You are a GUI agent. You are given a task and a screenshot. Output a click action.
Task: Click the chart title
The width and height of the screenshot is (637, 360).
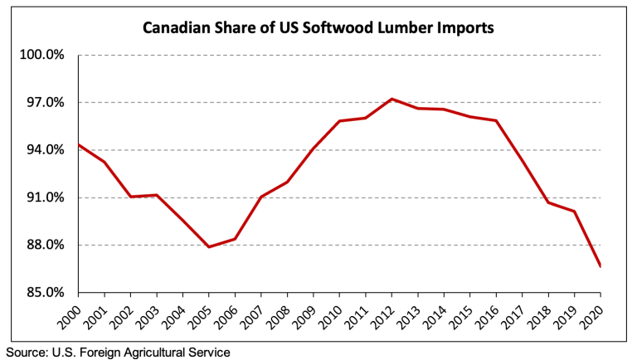pos(318,27)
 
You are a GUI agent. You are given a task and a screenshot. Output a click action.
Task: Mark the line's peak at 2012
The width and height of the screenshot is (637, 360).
pos(391,99)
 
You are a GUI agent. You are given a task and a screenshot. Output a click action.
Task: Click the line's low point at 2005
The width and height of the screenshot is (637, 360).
pos(209,247)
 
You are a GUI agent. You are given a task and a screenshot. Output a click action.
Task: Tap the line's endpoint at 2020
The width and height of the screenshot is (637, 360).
pos(600,266)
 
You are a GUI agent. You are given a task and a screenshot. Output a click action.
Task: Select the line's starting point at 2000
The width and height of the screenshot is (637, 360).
pos(79,144)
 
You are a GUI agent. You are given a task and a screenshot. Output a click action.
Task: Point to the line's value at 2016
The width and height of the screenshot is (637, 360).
pos(496,120)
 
